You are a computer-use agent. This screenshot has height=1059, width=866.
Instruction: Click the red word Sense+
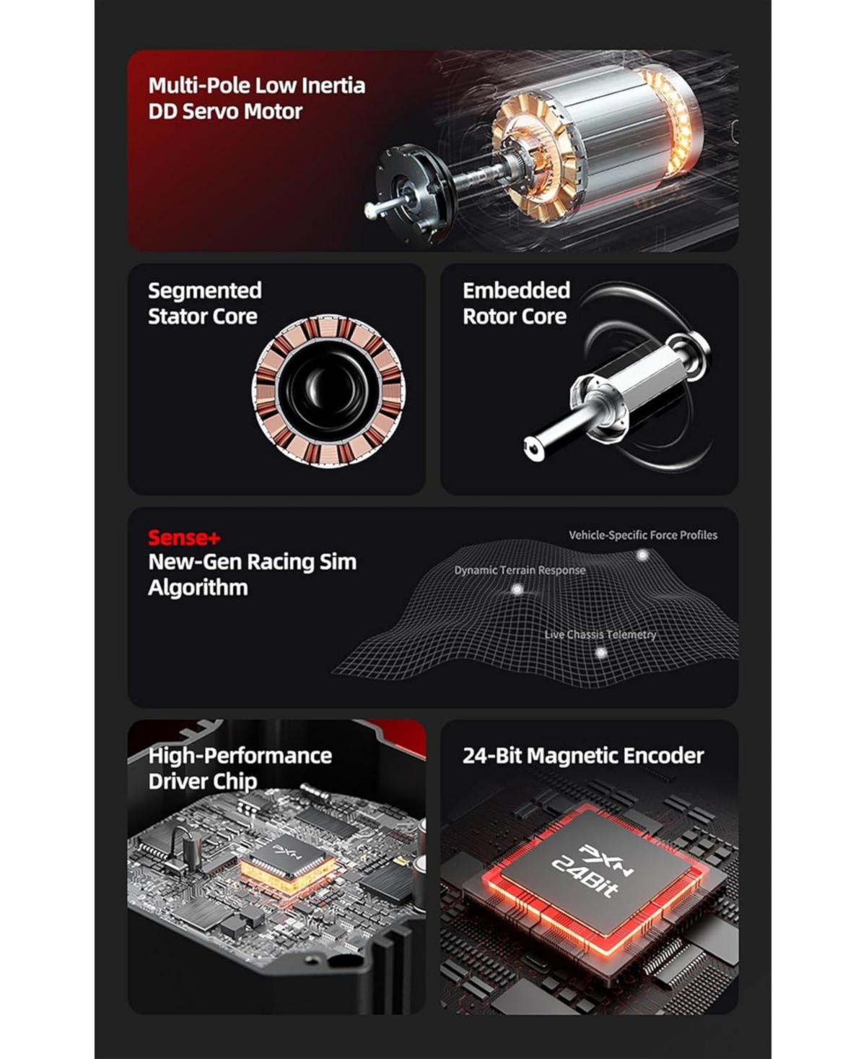pyautogui.click(x=184, y=537)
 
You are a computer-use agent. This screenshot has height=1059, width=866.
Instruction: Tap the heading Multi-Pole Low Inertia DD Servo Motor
pyautogui.click(x=256, y=98)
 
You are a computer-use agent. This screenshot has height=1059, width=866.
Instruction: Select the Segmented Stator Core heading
pyautogui.click(x=204, y=303)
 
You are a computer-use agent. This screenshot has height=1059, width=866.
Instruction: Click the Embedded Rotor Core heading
pyautogui.click(x=516, y=303)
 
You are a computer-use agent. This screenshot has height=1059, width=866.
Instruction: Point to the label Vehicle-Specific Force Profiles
pyautogui.click(x=642, y=535)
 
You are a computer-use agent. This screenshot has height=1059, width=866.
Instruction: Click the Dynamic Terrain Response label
pyautogui.click(x=520, y=570)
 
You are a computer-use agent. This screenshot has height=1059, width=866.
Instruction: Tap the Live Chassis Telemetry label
pyautogui.click(x=600, y=634)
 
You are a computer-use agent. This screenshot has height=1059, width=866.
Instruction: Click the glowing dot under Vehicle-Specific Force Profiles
pyautogui.click(x=642, y=555)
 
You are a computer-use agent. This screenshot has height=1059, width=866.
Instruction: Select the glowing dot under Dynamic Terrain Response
pyautogui.click(x=517, y=589)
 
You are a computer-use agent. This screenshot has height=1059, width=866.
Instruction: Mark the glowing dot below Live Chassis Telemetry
pyautogui.click(x=600, y=653)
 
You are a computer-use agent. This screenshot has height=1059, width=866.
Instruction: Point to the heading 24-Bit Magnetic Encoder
pyautogui.click(x=582, y=756)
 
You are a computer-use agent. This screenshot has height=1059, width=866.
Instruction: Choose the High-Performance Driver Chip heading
pyautogui.click(x=239, y=768)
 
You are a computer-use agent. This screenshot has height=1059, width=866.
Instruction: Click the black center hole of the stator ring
pyautogui.click(x=328, y=389)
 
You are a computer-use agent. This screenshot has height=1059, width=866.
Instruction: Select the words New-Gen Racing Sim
pyautogui.click(x=252, y=562)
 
